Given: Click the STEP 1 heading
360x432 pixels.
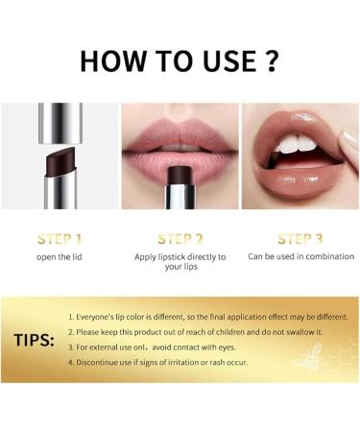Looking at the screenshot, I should coord(59,238).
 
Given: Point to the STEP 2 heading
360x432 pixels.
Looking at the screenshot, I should coord(180,238).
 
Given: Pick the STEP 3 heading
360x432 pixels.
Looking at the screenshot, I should coord(300,238).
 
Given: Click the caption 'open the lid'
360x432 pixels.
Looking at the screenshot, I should coord(59,256).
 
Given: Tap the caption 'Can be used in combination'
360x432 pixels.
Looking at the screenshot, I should coord(300,256).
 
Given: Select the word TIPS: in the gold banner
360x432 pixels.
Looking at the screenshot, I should coord(34,341).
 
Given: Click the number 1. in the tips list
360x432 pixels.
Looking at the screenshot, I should coord(72,316).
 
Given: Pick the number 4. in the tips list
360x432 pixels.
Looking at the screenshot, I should coord(72,362).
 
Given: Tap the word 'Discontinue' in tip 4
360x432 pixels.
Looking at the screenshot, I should coord(100,362).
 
